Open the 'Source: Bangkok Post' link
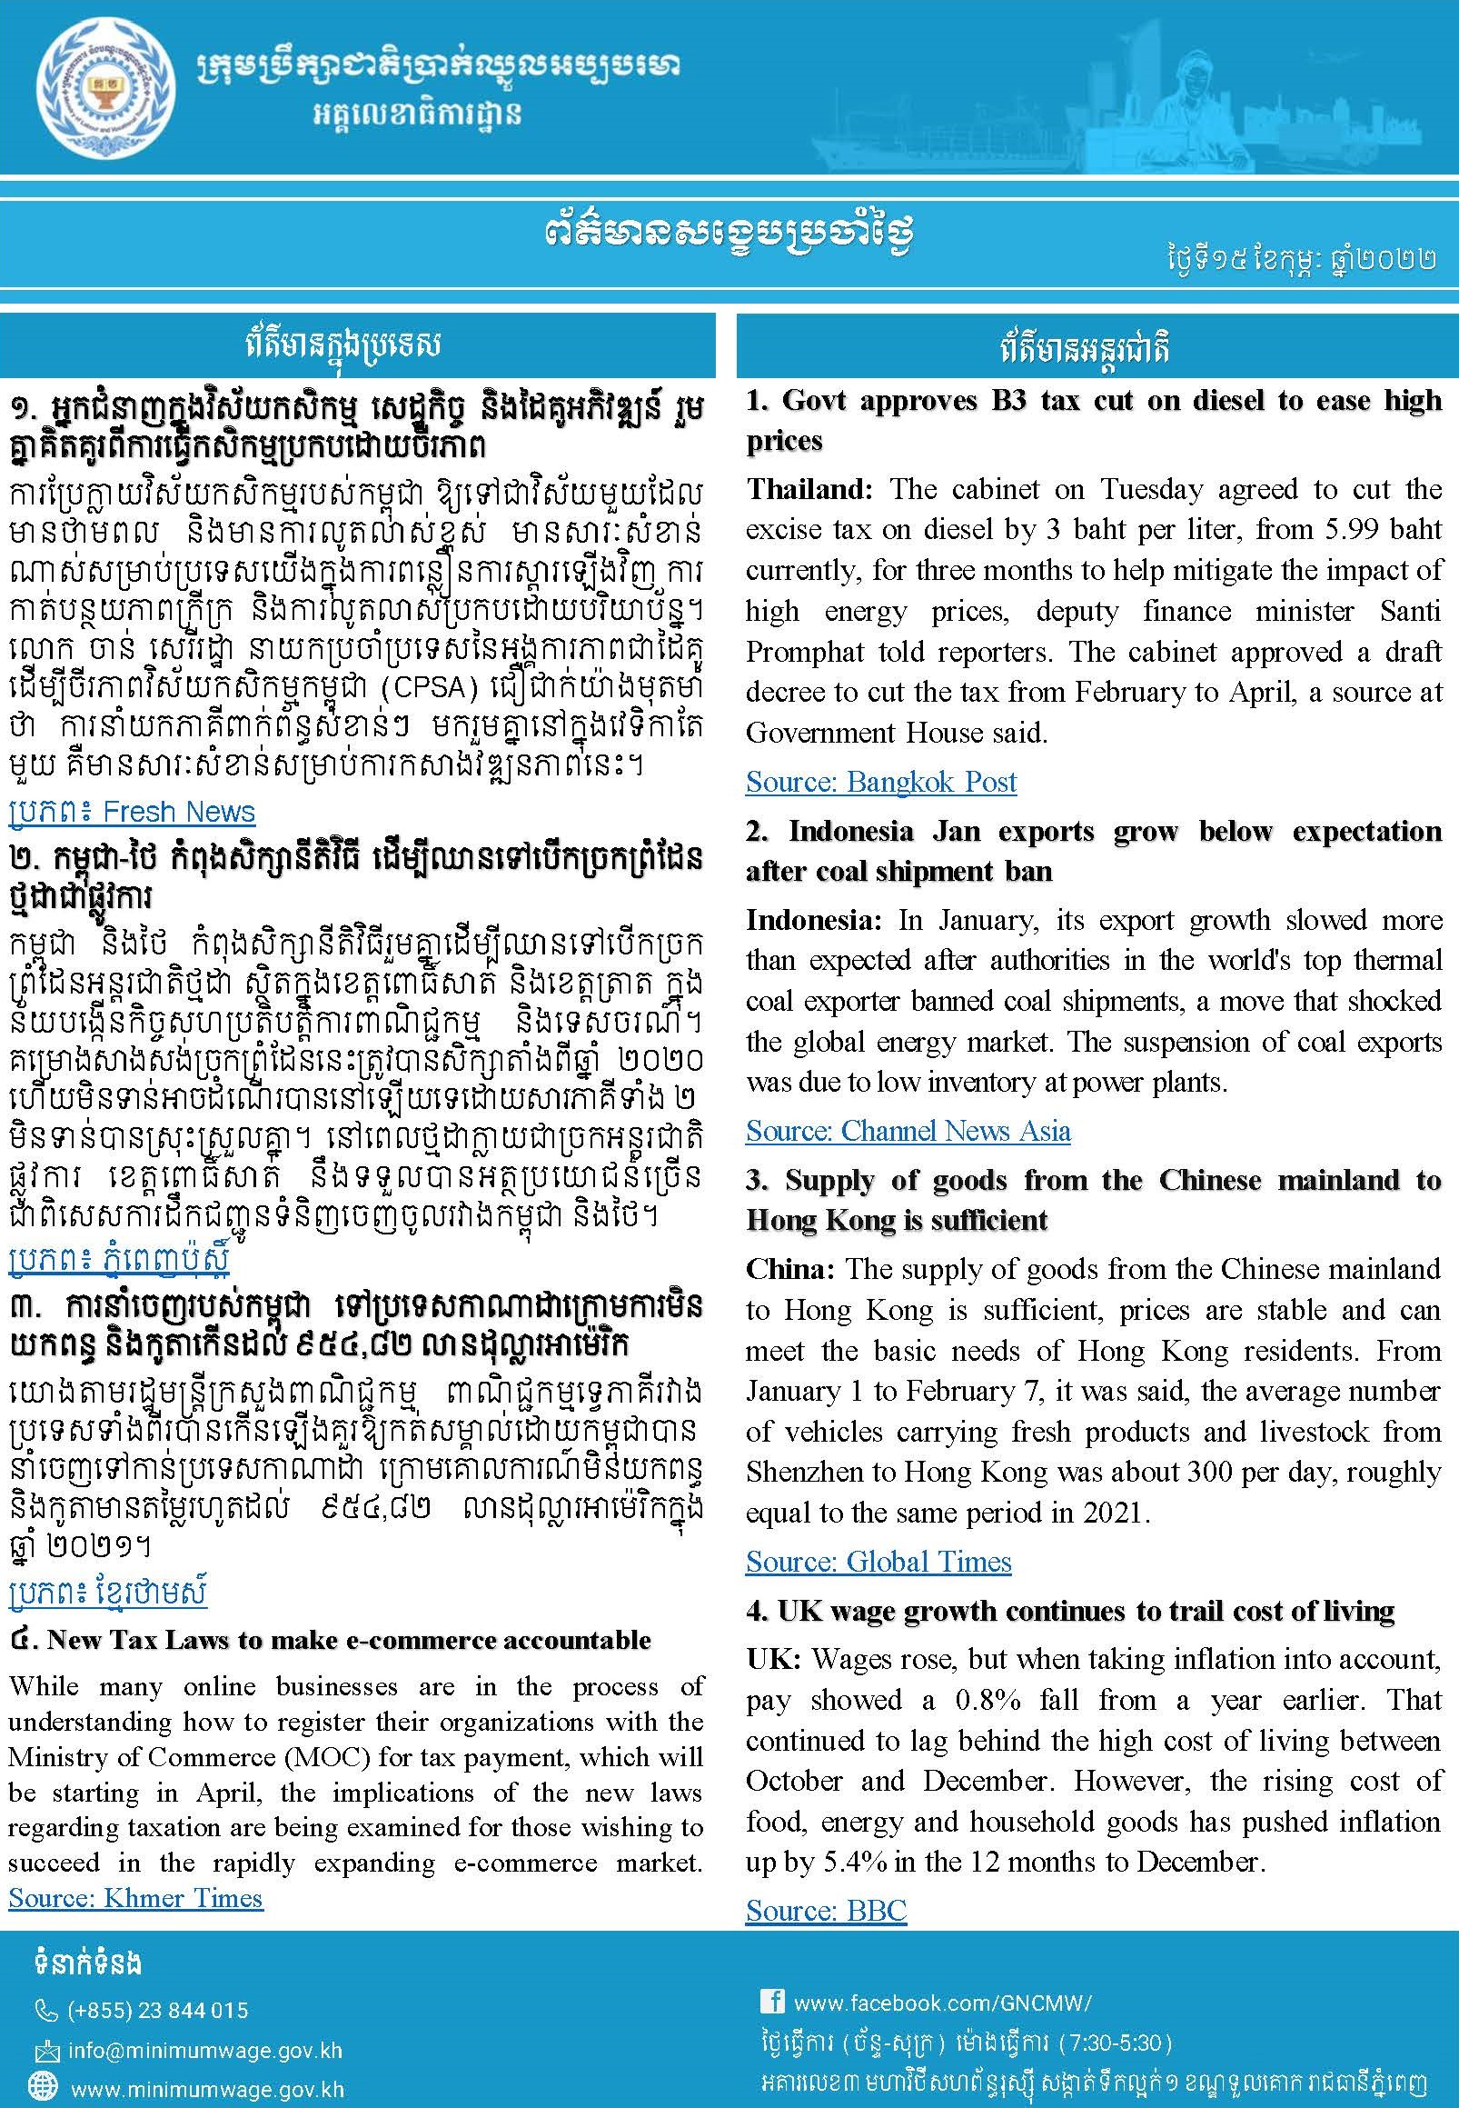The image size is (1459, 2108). click(x=880, y=782)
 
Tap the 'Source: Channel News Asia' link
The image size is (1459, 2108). click(x=907, y=1132)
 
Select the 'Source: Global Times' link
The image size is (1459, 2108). click(x=878, y=1562)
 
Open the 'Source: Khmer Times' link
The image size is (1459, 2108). click(x=135, y=1898)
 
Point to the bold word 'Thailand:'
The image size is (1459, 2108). click(x=811, y=490)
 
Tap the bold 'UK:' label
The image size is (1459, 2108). click(x=772, y=1659)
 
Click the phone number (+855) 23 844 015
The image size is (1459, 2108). click(x=157, y=2010)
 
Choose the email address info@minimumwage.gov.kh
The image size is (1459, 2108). click(x=204, y=2050)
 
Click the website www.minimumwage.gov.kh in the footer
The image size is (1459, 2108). click(x=206, y=2089)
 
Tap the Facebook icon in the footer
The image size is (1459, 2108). click(x=772, y=2001)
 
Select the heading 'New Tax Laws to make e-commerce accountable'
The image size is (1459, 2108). click(x=348, y=1640)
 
